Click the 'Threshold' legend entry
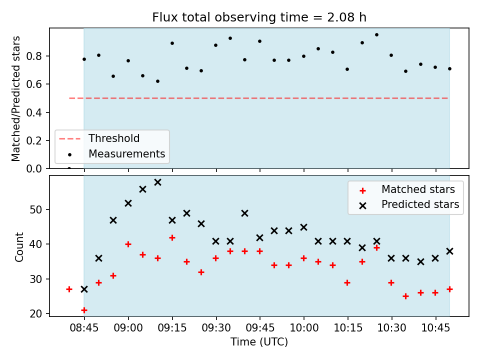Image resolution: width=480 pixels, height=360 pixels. (x=114, y=138)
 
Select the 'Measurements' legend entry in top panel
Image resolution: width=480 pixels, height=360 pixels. (x=126, y=153)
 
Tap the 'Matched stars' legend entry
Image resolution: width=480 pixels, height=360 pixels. (x=418, y=189)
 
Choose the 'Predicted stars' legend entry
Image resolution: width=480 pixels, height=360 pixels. (x=420, y=204)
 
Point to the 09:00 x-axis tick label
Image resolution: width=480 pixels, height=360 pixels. (x=128, y=328)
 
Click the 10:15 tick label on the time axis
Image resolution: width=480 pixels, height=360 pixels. (x=348, y=328)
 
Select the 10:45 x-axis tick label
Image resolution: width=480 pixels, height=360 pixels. (x=435, y=328)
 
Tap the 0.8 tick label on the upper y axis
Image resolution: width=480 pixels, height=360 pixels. (x=33, y=56)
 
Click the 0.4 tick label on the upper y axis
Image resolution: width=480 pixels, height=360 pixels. (x=33, y=112)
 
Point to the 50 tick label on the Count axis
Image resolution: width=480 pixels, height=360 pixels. (x=35, y=209)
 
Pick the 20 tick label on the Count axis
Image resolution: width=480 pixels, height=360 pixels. (x=35, y=314)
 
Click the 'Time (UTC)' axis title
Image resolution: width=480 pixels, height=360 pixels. (x=259, y=342)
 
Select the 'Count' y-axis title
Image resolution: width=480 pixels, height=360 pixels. (x=19, y=247)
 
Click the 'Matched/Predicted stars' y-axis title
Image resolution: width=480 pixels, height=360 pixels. (x=15, y=98)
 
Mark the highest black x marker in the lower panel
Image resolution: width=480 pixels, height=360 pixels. (x=157, y=182)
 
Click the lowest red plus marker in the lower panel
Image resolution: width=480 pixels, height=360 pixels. (x=84, y=310)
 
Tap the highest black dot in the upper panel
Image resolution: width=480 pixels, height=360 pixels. (x=377, y=35)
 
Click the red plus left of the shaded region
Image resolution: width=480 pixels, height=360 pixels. (x=69, y=289)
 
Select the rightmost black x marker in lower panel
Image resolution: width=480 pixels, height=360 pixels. (x=449, y=251)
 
